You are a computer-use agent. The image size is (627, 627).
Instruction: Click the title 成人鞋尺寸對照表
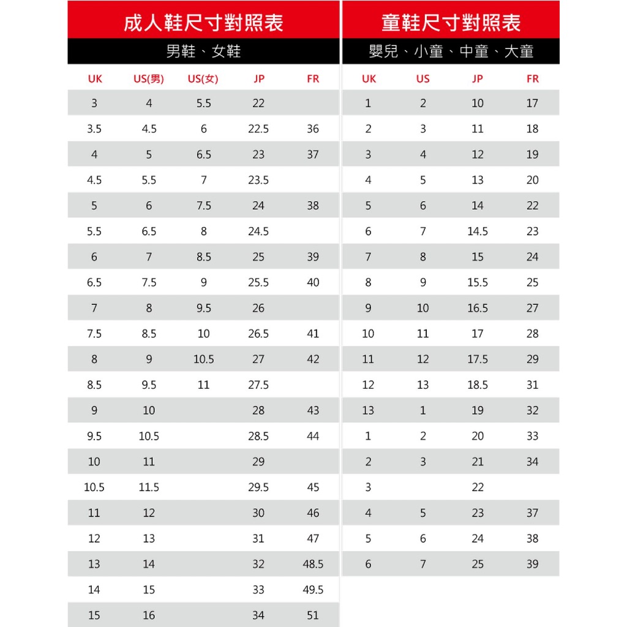click(x=203, y=23)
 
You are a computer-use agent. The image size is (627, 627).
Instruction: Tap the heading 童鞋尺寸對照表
click(x=451, y=23)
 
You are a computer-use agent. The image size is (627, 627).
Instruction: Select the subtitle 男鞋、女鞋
click(x=203, y=51)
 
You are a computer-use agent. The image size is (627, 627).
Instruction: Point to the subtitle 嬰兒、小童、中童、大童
click(x=451, y=51)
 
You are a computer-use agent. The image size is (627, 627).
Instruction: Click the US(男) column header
click(x=149, y=79)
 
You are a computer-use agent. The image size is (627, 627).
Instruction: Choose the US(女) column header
click(x=203, y=79)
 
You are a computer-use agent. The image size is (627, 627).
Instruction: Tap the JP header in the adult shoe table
click(x=258, y=79)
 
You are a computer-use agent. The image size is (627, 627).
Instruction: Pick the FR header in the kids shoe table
click(x=533, y=79)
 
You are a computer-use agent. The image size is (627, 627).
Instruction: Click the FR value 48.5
click(x=313, y=564)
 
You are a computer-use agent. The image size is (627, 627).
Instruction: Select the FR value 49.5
click(x=313, y=590)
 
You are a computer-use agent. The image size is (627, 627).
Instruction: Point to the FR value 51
click(x=313, y=615)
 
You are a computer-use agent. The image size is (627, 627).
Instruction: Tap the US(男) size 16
click(x=149, y=615)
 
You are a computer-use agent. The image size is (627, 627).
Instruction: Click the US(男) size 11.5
click(x=149, y=487)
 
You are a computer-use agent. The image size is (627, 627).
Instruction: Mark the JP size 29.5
click(x=258, y=487)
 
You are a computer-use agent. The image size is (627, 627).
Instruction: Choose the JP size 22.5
click(x=258, y=129)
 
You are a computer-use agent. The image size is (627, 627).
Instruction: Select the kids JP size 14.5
click(x=478, y=231)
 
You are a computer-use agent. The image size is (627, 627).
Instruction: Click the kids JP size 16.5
click(x=478, y=308)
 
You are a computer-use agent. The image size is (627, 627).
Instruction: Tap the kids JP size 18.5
click(x=478, y=385)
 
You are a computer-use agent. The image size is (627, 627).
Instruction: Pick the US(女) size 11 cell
click(x=203, y=385)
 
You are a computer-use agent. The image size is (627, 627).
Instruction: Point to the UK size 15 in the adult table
click(x=94, y=615)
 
